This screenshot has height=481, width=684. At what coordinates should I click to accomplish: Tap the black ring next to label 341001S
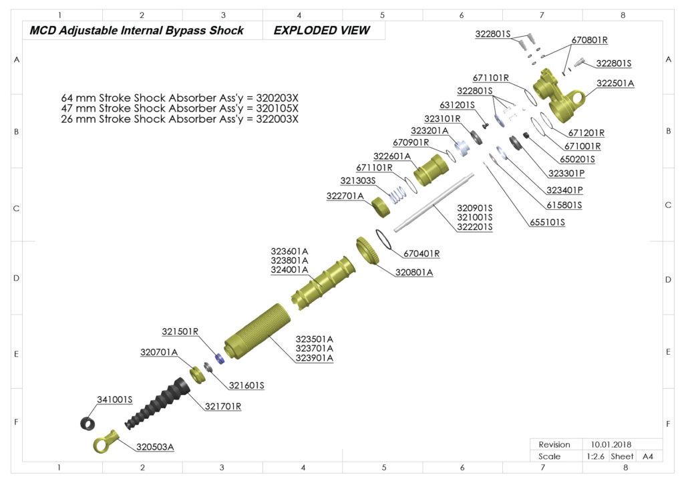pos(88,423)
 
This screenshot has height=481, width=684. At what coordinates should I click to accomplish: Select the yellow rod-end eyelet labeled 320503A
pos(106,442)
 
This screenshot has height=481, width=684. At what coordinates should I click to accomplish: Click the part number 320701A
pos(158,352)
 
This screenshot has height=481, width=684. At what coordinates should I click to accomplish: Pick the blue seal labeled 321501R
pos(219,357)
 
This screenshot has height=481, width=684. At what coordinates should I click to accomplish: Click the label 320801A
pos(414,273)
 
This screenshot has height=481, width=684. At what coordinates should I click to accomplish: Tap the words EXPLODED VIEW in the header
pos(321,31)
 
